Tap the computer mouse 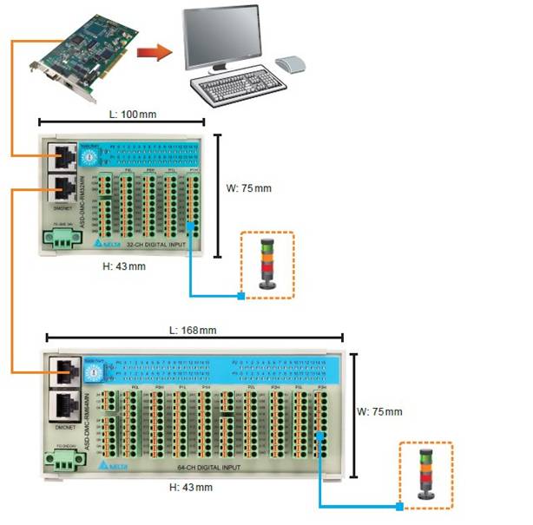pyautogui.click(x=290, y=63)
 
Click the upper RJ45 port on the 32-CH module pyautogui.click(x=63, y=156)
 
